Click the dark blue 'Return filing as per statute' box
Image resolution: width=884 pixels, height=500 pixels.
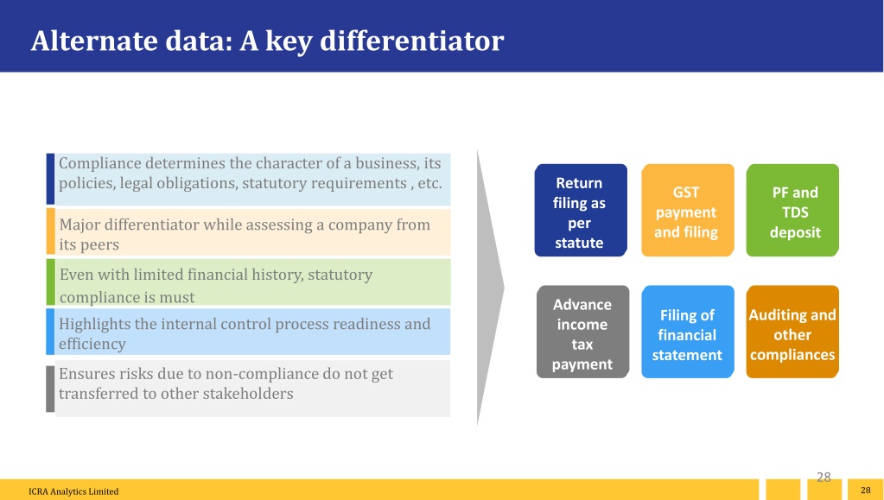tap(581, 210)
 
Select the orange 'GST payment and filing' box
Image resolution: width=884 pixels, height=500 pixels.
tap(688, 210)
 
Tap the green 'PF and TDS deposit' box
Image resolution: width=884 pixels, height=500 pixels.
tap(792, 210)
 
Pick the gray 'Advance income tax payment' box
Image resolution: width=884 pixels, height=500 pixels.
tap(583, 332)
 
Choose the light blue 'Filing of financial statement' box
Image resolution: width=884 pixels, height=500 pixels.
tap(688, 332)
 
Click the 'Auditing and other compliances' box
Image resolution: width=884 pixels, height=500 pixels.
tap(792, 332)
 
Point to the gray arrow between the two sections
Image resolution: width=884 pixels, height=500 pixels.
tap(489, 288)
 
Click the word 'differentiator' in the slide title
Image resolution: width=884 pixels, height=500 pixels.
tap(411, 41)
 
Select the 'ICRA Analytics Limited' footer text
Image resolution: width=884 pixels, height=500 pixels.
tap(73, 491)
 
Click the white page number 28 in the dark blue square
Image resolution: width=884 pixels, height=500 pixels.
tap(865, 491)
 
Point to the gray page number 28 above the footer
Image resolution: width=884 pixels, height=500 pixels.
tap(824, 477)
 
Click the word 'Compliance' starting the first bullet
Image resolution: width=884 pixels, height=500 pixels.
tap(100, 163)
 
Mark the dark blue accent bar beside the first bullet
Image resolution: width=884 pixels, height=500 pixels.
tap(50, 179)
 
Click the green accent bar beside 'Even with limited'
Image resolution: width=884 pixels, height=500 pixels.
tap(51, 282)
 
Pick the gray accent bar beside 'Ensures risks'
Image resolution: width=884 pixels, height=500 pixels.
tap(50, 389)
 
